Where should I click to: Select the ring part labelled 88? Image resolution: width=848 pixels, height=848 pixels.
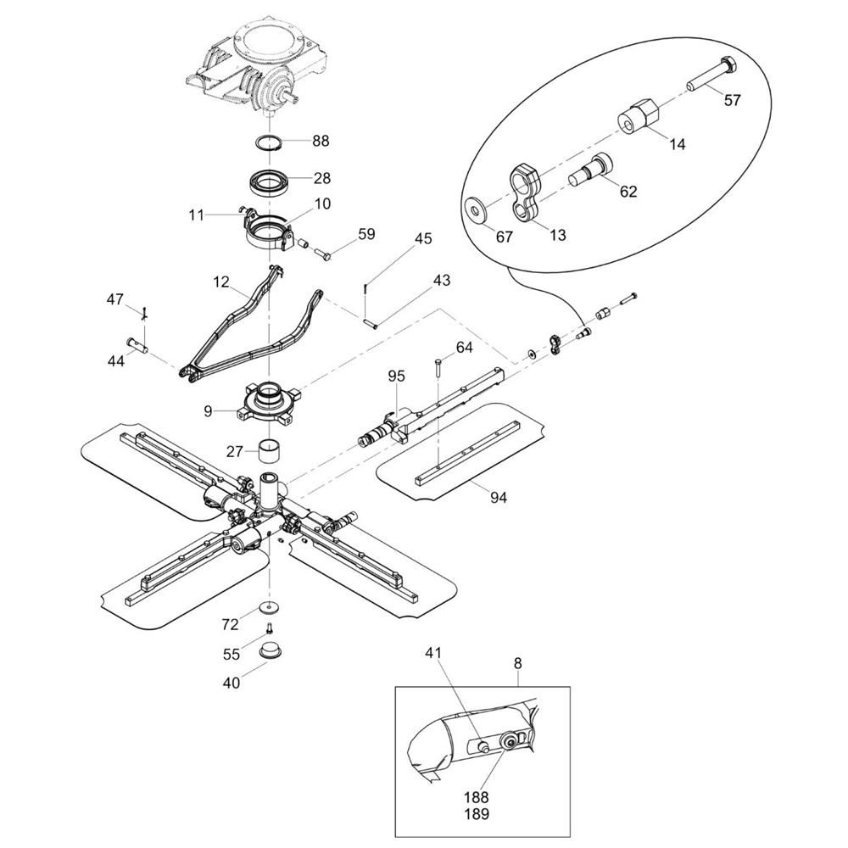(x=271, y=141)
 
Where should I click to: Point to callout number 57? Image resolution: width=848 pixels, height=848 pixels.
(x=732, y=100)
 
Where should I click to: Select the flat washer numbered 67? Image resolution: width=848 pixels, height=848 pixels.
(x=477, y=208)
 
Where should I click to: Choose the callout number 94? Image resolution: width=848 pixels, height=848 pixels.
(x=498, y=498)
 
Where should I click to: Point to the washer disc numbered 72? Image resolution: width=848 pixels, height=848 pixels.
(x=270, y=607)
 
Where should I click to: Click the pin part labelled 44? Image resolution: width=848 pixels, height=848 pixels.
(x=137, y=343)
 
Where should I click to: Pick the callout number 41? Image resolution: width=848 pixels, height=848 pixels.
(x=434, y=654)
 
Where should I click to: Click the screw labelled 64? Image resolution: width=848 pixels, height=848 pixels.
(x=438, y=366)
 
